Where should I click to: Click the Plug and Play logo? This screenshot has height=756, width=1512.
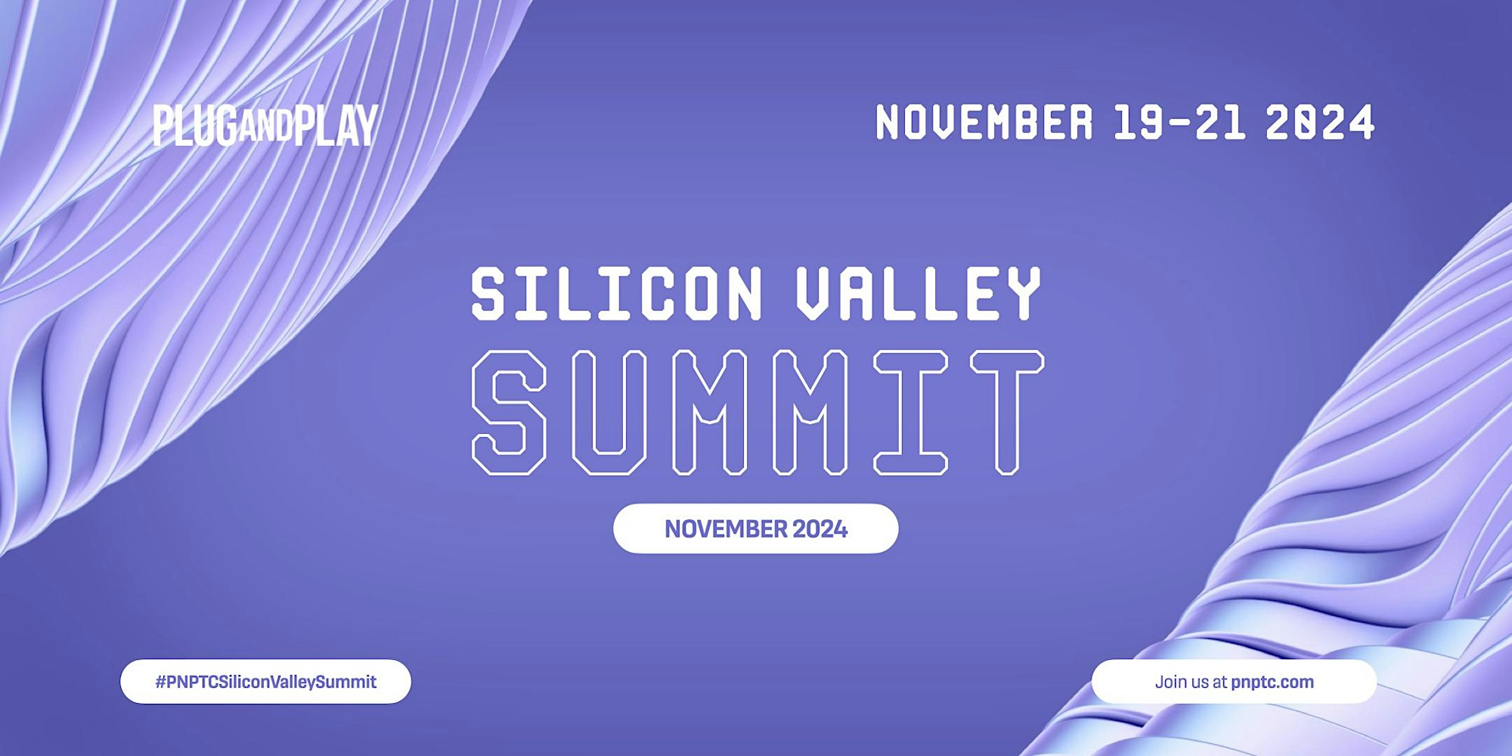(265, 125)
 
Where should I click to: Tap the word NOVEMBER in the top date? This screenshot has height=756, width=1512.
(984, 122)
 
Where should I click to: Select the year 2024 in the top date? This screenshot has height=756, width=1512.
(1320, 122)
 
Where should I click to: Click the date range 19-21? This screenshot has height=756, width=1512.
(1179, 122)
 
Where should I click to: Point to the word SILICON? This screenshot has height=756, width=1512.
(617, 293)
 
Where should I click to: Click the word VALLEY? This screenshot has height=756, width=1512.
(919, 293)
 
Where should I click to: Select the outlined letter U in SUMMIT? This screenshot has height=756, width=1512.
(609, 413)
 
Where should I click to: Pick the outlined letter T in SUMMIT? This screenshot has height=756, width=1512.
(1007, 413)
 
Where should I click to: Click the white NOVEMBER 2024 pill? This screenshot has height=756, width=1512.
(756, 528)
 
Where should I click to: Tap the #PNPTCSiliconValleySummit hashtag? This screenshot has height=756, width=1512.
(265, 682)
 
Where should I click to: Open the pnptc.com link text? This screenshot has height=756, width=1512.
(1272, 682)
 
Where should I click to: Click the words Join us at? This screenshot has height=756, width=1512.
(1191, 682)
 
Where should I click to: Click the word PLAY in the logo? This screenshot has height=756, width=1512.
(336, 125)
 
